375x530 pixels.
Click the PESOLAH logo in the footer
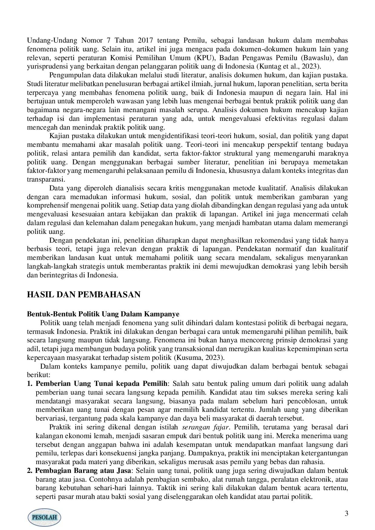pos(44,517)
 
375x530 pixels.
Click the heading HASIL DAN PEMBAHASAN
pos(83,295)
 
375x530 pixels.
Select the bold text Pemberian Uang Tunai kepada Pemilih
pos(101,384)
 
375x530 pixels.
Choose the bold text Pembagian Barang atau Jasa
pos(83,471)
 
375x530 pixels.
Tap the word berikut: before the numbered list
pos(38,375)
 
